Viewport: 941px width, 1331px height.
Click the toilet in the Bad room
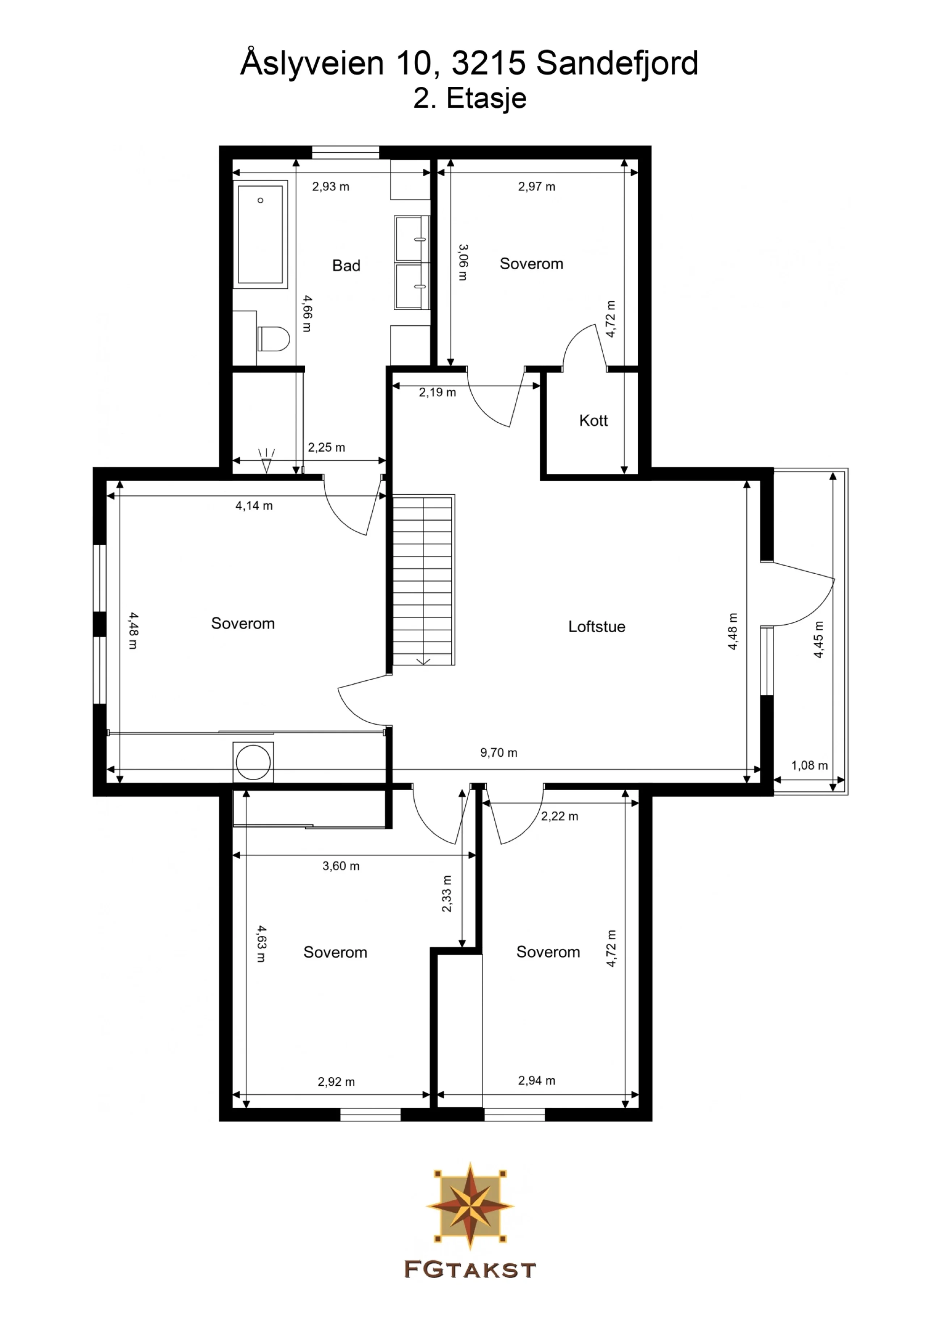click(273, 339)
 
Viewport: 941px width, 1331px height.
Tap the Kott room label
click(593, 421)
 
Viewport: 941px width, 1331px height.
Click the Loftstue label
click(596, 627)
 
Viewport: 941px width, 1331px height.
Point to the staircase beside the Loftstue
click(423, 580)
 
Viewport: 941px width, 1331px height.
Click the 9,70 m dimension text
click(499, 753)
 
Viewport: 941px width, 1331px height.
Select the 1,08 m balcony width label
click(809, 766)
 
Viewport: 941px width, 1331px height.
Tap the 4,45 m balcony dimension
click(818, 639)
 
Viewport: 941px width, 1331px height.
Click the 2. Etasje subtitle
click(470, 98)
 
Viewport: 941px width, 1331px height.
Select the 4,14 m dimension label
click(254, 506)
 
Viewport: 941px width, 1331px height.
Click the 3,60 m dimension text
click(341, 866)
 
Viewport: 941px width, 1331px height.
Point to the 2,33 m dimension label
click(447, 893)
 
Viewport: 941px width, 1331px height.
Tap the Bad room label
click(346, 266)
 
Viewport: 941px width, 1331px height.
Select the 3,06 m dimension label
click(463, 262)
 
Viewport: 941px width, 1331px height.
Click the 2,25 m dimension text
click(326, 448)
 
